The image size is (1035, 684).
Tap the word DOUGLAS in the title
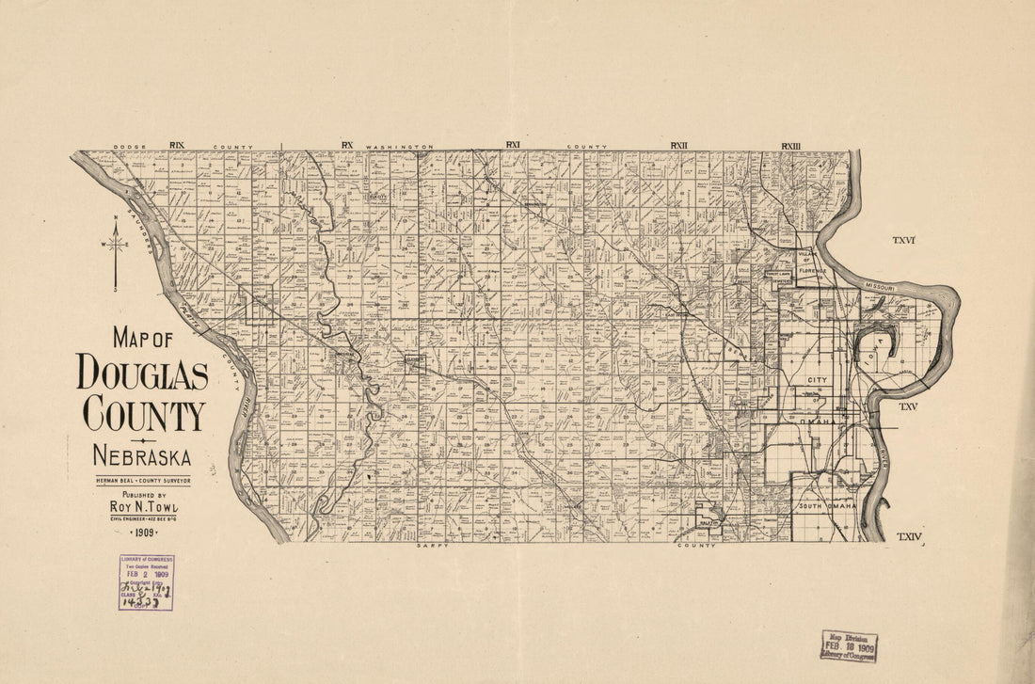[x=142, y=373]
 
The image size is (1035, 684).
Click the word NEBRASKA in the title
[x=142, y=458]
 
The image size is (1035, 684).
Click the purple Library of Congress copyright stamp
[x=146, y=582]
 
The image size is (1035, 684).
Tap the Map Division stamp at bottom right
[x=849, y=646]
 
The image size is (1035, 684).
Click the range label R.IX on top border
[x=177, y=145]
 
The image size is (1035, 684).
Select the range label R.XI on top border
[x=513, y=145]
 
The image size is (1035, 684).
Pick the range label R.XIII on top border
[x=789, y=145]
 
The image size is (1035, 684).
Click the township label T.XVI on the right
[x=905, y=242]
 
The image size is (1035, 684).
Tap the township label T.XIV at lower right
[x=909, y=536]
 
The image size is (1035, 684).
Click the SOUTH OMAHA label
[x=827, y=506]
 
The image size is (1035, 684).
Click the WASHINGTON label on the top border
[x=400, y=147]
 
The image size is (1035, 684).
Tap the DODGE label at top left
[x=126, y=147]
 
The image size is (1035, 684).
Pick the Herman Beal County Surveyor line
[x=142, y=481]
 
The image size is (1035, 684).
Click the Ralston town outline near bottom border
[x=709, y=522]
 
